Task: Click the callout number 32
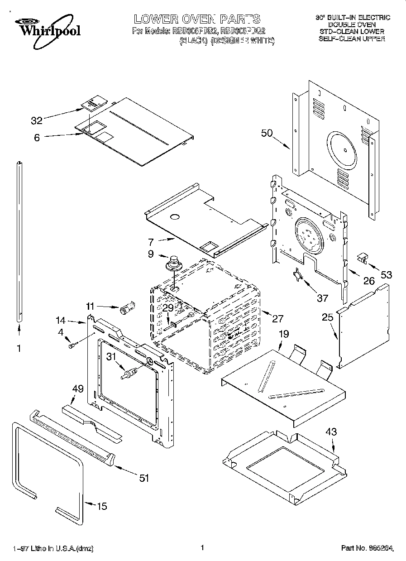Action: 37,120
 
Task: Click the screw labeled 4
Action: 72,346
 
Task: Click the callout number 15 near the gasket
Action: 102,506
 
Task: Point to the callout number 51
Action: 144,478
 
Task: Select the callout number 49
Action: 78,388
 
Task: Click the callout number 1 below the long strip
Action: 19,349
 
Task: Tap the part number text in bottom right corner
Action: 367,548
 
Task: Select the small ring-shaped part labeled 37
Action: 298,275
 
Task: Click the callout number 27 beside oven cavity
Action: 277,318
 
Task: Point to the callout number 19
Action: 284,334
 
